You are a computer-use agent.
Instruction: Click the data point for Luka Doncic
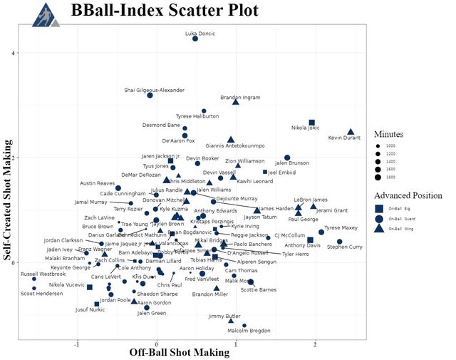click(195, 38)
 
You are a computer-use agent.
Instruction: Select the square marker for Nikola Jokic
click(311, 123)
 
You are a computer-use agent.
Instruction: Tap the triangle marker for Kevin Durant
click(351, 132)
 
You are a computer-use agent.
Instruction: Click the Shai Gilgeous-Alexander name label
click(154, 91)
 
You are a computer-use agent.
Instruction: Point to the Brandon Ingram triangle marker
click(236, 102)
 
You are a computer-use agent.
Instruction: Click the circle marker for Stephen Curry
click(339, 242)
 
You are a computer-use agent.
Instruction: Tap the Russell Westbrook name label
click(43, 274)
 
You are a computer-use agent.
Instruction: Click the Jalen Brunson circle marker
click(287, 158)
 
